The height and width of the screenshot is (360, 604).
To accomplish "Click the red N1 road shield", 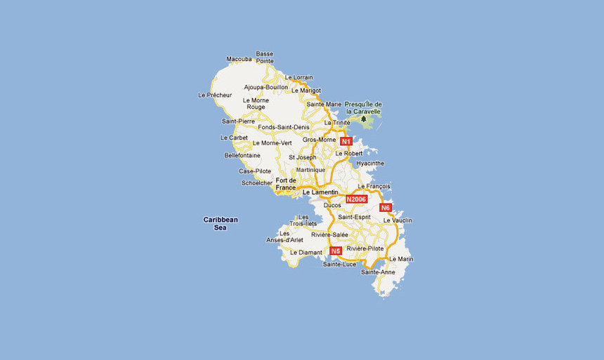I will pos(346,141).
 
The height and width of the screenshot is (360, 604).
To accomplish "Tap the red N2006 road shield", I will pos(357,199).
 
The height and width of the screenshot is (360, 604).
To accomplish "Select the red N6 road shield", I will pos(386,208).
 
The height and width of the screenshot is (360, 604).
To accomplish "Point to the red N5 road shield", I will pos(335,251).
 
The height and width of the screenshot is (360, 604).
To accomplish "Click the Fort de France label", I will pos(286,185).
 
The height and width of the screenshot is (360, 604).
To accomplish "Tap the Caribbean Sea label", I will pos(221,223).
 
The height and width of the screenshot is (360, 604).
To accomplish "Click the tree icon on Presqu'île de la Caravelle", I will pos(364,119).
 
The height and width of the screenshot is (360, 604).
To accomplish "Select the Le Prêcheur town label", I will pos(215,95).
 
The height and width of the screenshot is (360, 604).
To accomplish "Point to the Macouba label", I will pos(239,59).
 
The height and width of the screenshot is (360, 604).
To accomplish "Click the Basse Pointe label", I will pos(265,57).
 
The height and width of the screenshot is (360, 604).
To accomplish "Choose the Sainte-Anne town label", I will pos(378,272).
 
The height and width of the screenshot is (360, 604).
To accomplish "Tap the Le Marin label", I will pos(400,259).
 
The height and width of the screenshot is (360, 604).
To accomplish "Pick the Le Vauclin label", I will pos(398,220).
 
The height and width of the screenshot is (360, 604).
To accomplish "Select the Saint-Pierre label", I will pos(238,121).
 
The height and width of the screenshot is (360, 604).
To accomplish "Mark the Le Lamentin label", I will pos(320,192).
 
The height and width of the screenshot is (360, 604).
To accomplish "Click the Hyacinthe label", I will pos(370,164).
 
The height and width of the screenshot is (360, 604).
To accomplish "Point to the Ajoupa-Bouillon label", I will pos(265,87).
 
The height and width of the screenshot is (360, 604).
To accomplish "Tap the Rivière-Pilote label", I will pos(365,248).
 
